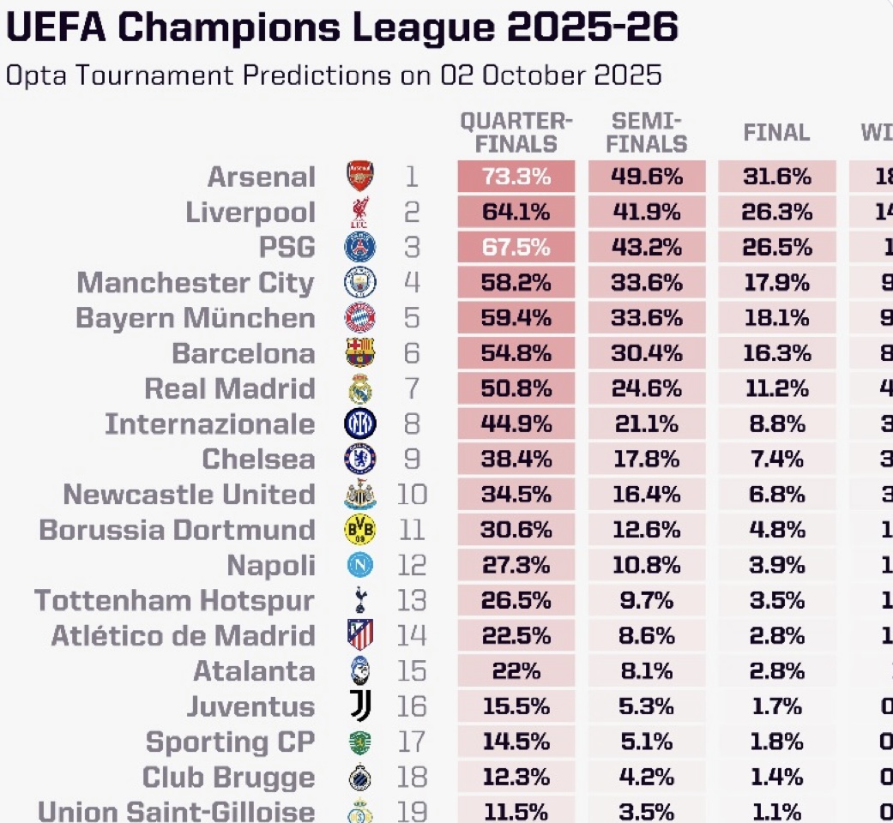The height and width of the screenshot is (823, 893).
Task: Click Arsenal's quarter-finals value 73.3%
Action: [516, 177]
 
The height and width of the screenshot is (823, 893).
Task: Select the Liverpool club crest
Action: [359, 213]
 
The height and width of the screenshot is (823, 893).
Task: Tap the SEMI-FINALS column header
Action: [647, 133]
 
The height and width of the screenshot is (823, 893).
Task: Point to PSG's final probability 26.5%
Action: [777, 248]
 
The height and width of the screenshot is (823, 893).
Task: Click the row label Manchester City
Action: [196, 283]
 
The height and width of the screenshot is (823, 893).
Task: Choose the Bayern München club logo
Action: [359, 318]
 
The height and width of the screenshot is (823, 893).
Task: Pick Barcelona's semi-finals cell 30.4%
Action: [647, 353]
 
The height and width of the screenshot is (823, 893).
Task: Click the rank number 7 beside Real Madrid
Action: [412, 388]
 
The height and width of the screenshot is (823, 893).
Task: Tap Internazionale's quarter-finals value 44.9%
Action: [516, 424]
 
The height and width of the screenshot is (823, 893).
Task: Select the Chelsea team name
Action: [258, 460]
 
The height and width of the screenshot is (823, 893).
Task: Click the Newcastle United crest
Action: [359, 495]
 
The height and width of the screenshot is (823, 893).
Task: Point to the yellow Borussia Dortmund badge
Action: [359, 530]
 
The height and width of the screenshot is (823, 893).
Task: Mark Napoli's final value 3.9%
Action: [777, 565]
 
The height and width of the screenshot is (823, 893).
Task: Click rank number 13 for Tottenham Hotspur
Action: [412, 600]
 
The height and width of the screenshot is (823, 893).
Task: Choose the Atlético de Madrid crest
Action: [359, 635]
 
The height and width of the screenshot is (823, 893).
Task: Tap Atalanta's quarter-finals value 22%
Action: [516, 671]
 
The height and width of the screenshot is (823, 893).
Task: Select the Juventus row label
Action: [250, 706]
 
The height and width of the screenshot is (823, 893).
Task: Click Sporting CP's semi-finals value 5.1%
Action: [647, 742]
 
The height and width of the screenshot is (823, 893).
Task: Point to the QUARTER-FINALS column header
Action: [516, 133]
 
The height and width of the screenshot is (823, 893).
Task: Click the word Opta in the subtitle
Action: [33, 75]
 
